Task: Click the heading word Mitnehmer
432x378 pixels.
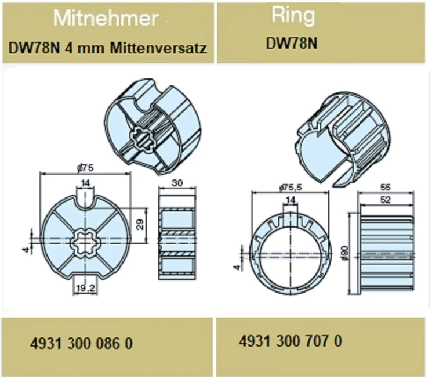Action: (x=106, y=18)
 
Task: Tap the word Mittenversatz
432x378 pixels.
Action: (x=158, y=48)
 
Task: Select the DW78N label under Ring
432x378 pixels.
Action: (x=292, y=44)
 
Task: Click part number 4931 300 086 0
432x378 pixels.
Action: (x=82, y=344)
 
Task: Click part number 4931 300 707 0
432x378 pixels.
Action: (x=291, y=341)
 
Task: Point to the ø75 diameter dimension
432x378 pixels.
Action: (x=86, y=168)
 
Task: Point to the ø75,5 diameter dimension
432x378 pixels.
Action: (x=291, y=188)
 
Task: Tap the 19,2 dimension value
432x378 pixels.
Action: (x=86, y=289)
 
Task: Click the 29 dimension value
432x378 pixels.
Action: (x=140, y=224)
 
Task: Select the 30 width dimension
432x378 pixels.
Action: (x=177, y=183)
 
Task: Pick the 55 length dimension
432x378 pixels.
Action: (x=385, y=188)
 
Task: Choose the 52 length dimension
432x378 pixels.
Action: (x=385, y=200)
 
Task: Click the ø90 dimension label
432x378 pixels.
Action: (x=346, y=253)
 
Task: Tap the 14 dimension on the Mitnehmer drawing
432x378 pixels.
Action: (x=86, y=183)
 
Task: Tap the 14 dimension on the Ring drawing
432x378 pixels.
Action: (x=291, y=200)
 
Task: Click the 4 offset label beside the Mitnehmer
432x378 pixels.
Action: (x=26, y=250)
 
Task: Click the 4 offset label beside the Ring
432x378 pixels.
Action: (x=237, y=267)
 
